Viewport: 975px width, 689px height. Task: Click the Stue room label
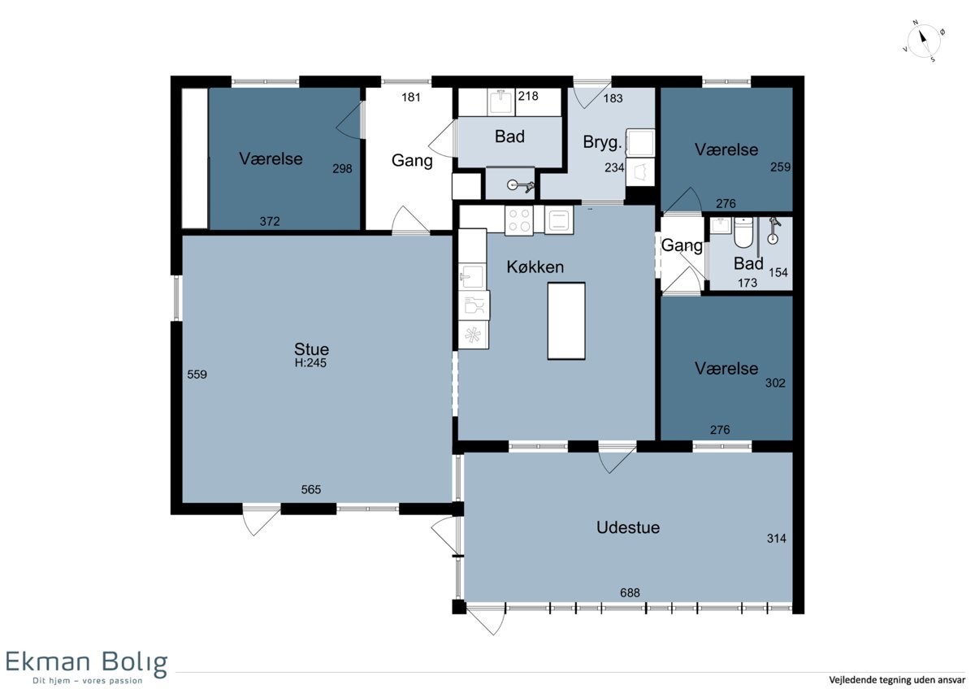[x=311, y=349]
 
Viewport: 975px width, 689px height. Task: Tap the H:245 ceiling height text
[x=310, y=363]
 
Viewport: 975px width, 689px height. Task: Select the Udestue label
[x=627, y=527]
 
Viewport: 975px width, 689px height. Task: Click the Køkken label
[x=535, y=266]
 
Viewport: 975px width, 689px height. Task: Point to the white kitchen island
[x=565, y=321]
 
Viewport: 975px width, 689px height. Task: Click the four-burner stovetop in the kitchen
[x=519, y=220]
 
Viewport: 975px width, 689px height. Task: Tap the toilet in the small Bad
[x=743, y=232]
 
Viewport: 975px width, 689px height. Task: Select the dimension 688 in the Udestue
[x=630, y=593]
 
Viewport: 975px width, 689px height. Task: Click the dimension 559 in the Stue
[x=197, y=375]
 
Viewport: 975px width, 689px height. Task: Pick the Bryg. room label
[x=602, y=142]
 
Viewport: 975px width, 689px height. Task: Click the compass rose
[x=923, y=41]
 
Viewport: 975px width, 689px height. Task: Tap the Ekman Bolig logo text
[x=86, y=662]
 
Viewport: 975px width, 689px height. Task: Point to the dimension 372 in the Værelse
[x=270, y=222]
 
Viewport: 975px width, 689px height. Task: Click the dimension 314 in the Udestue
[x=777, y=539]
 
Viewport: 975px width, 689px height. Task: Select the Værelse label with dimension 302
[x=726, y=369]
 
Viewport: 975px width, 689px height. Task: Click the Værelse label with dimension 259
[x=726, y=149]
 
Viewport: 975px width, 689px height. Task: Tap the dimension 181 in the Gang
[x=411, y=97]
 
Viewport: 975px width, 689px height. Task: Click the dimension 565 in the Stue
[x=310, y=490]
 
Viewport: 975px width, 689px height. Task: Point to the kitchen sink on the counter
[x=472, y=276]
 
